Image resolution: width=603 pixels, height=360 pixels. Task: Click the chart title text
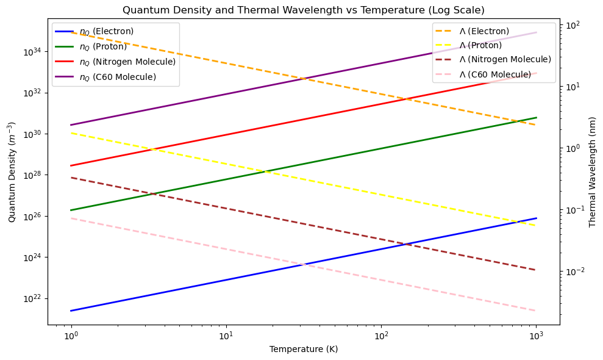[304, 10]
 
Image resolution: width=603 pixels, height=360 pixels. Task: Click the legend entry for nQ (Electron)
[106, 31]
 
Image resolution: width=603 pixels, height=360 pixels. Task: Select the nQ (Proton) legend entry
[103, 46]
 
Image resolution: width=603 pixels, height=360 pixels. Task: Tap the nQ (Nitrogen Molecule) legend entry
[127, 62]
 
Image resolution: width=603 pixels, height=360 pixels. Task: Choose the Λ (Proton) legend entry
[480, 45]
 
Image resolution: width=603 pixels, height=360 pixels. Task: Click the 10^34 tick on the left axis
[34, 52]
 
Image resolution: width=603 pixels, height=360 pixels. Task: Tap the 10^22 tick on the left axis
[34, 298]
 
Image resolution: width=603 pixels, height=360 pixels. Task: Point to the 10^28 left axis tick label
[34, 175]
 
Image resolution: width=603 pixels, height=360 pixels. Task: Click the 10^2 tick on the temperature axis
[382, 336]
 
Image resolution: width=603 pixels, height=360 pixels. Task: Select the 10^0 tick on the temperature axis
[72, 336]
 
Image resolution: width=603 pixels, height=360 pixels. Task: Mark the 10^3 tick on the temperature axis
[537, 336]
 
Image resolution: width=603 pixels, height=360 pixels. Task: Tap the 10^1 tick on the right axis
[573, 87]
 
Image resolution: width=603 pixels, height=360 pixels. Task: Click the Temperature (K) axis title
[304, 350]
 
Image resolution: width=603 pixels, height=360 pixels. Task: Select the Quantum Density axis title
[12, 171]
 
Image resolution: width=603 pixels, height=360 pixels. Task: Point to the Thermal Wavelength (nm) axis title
[593, 171]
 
